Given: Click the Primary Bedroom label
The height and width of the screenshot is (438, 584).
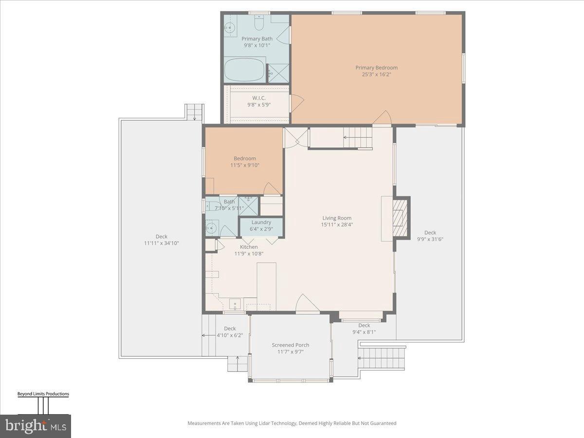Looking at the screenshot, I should (376, 68).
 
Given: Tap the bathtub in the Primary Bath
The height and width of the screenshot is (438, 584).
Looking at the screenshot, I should (245, 70).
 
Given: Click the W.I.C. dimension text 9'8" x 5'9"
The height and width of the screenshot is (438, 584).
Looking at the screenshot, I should (256, 105).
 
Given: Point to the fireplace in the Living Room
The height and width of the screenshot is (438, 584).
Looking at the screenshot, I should (400, 218).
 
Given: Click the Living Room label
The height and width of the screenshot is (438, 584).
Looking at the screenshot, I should (336, 218).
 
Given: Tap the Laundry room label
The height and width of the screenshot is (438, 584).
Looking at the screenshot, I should (261, 222).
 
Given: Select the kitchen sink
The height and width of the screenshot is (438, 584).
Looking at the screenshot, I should (235, 304).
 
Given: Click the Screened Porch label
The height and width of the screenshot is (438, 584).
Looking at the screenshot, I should (290, 345).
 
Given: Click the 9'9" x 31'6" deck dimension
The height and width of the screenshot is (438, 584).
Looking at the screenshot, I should (430, 239).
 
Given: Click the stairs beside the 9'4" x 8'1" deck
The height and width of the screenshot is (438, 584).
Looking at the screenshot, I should (382, 359).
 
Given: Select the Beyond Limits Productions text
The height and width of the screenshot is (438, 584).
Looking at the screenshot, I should (43, 394).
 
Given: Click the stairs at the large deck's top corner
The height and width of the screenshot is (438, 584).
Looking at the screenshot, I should (195, 112).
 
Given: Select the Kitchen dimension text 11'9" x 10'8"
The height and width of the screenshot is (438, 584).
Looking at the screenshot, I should (248, 253).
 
